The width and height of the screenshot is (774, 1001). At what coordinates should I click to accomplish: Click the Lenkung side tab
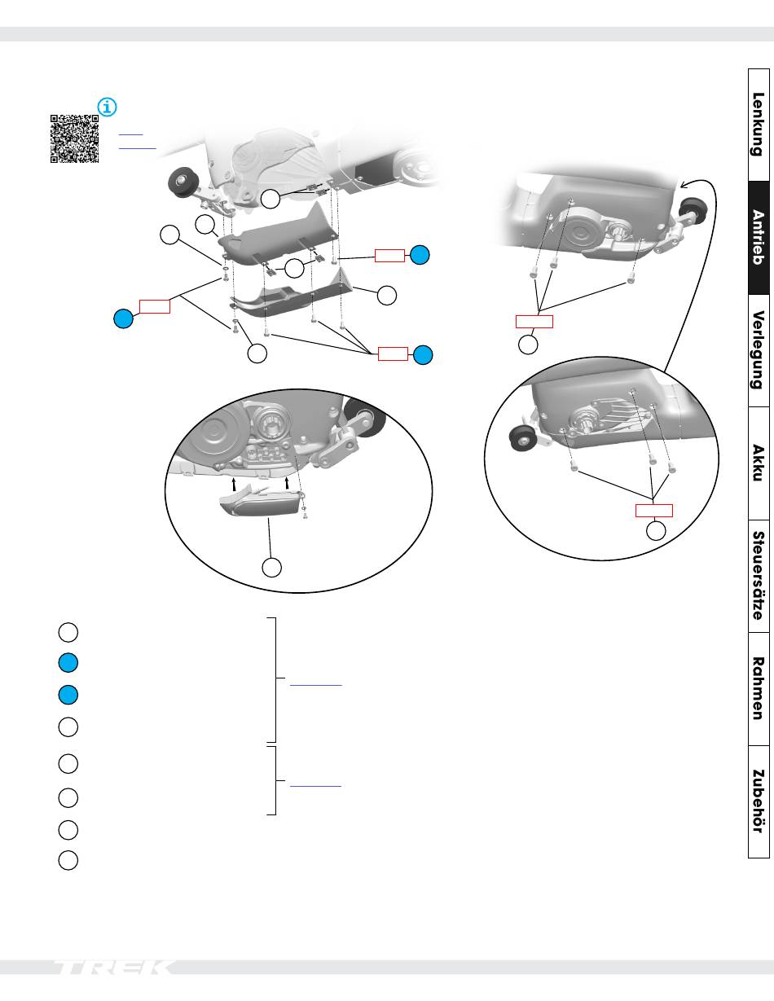point(758,124)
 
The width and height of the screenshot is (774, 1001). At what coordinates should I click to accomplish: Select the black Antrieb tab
point(758,237)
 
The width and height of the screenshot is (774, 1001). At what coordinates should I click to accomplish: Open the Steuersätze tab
point(758,576)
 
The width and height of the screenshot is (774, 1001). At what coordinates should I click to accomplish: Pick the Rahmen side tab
point(758,688)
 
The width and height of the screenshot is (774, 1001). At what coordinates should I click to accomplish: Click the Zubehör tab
point(758,801)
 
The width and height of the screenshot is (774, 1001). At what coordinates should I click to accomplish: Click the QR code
point(75,138)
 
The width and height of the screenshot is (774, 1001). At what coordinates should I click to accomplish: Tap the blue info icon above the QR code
point(108,107)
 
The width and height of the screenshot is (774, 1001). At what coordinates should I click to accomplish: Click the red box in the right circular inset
point(654,511)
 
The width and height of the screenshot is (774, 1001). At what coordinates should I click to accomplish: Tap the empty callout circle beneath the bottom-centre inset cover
point(272,566)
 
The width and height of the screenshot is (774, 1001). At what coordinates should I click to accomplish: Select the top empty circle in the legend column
point(68,631)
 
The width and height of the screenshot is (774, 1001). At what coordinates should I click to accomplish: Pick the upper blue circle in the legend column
point(68,663)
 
